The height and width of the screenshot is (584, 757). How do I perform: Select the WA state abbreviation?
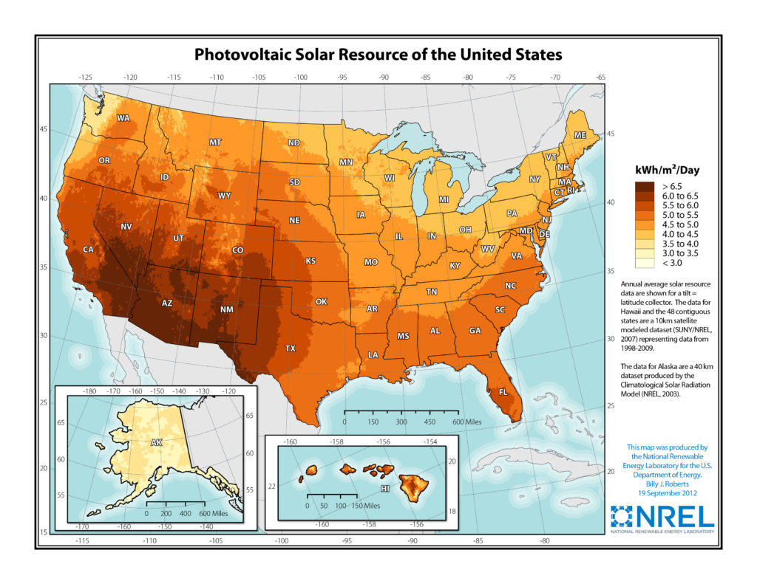pyautogui.click(x=123, y=118)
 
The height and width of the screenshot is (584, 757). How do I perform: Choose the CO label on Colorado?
pyautogui.click(x=238, y=250)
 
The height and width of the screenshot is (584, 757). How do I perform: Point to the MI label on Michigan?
pyautogui.click(x=444, y=200)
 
